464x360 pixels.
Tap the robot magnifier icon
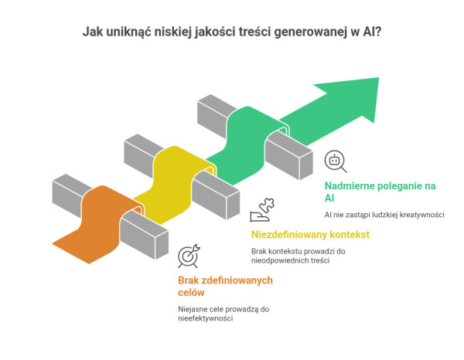tap(335, 161)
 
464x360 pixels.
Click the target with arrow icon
tap(189, 255)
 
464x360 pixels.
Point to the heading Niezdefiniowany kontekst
tap(310, 234)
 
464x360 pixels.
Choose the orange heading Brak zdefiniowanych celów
tap(225, 287)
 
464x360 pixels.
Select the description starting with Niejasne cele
tap(225, 314)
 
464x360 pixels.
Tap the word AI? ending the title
tap(370, 33)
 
